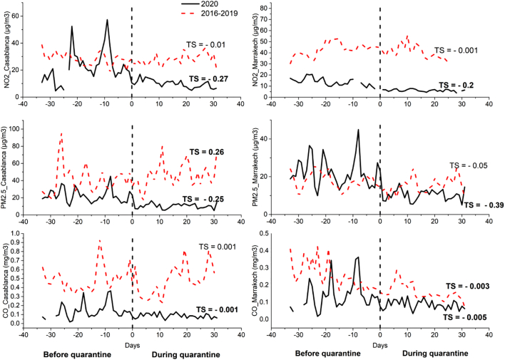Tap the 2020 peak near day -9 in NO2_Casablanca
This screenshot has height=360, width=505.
coord(107,21)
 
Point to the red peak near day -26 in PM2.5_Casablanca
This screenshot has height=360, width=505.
coord(61,134)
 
